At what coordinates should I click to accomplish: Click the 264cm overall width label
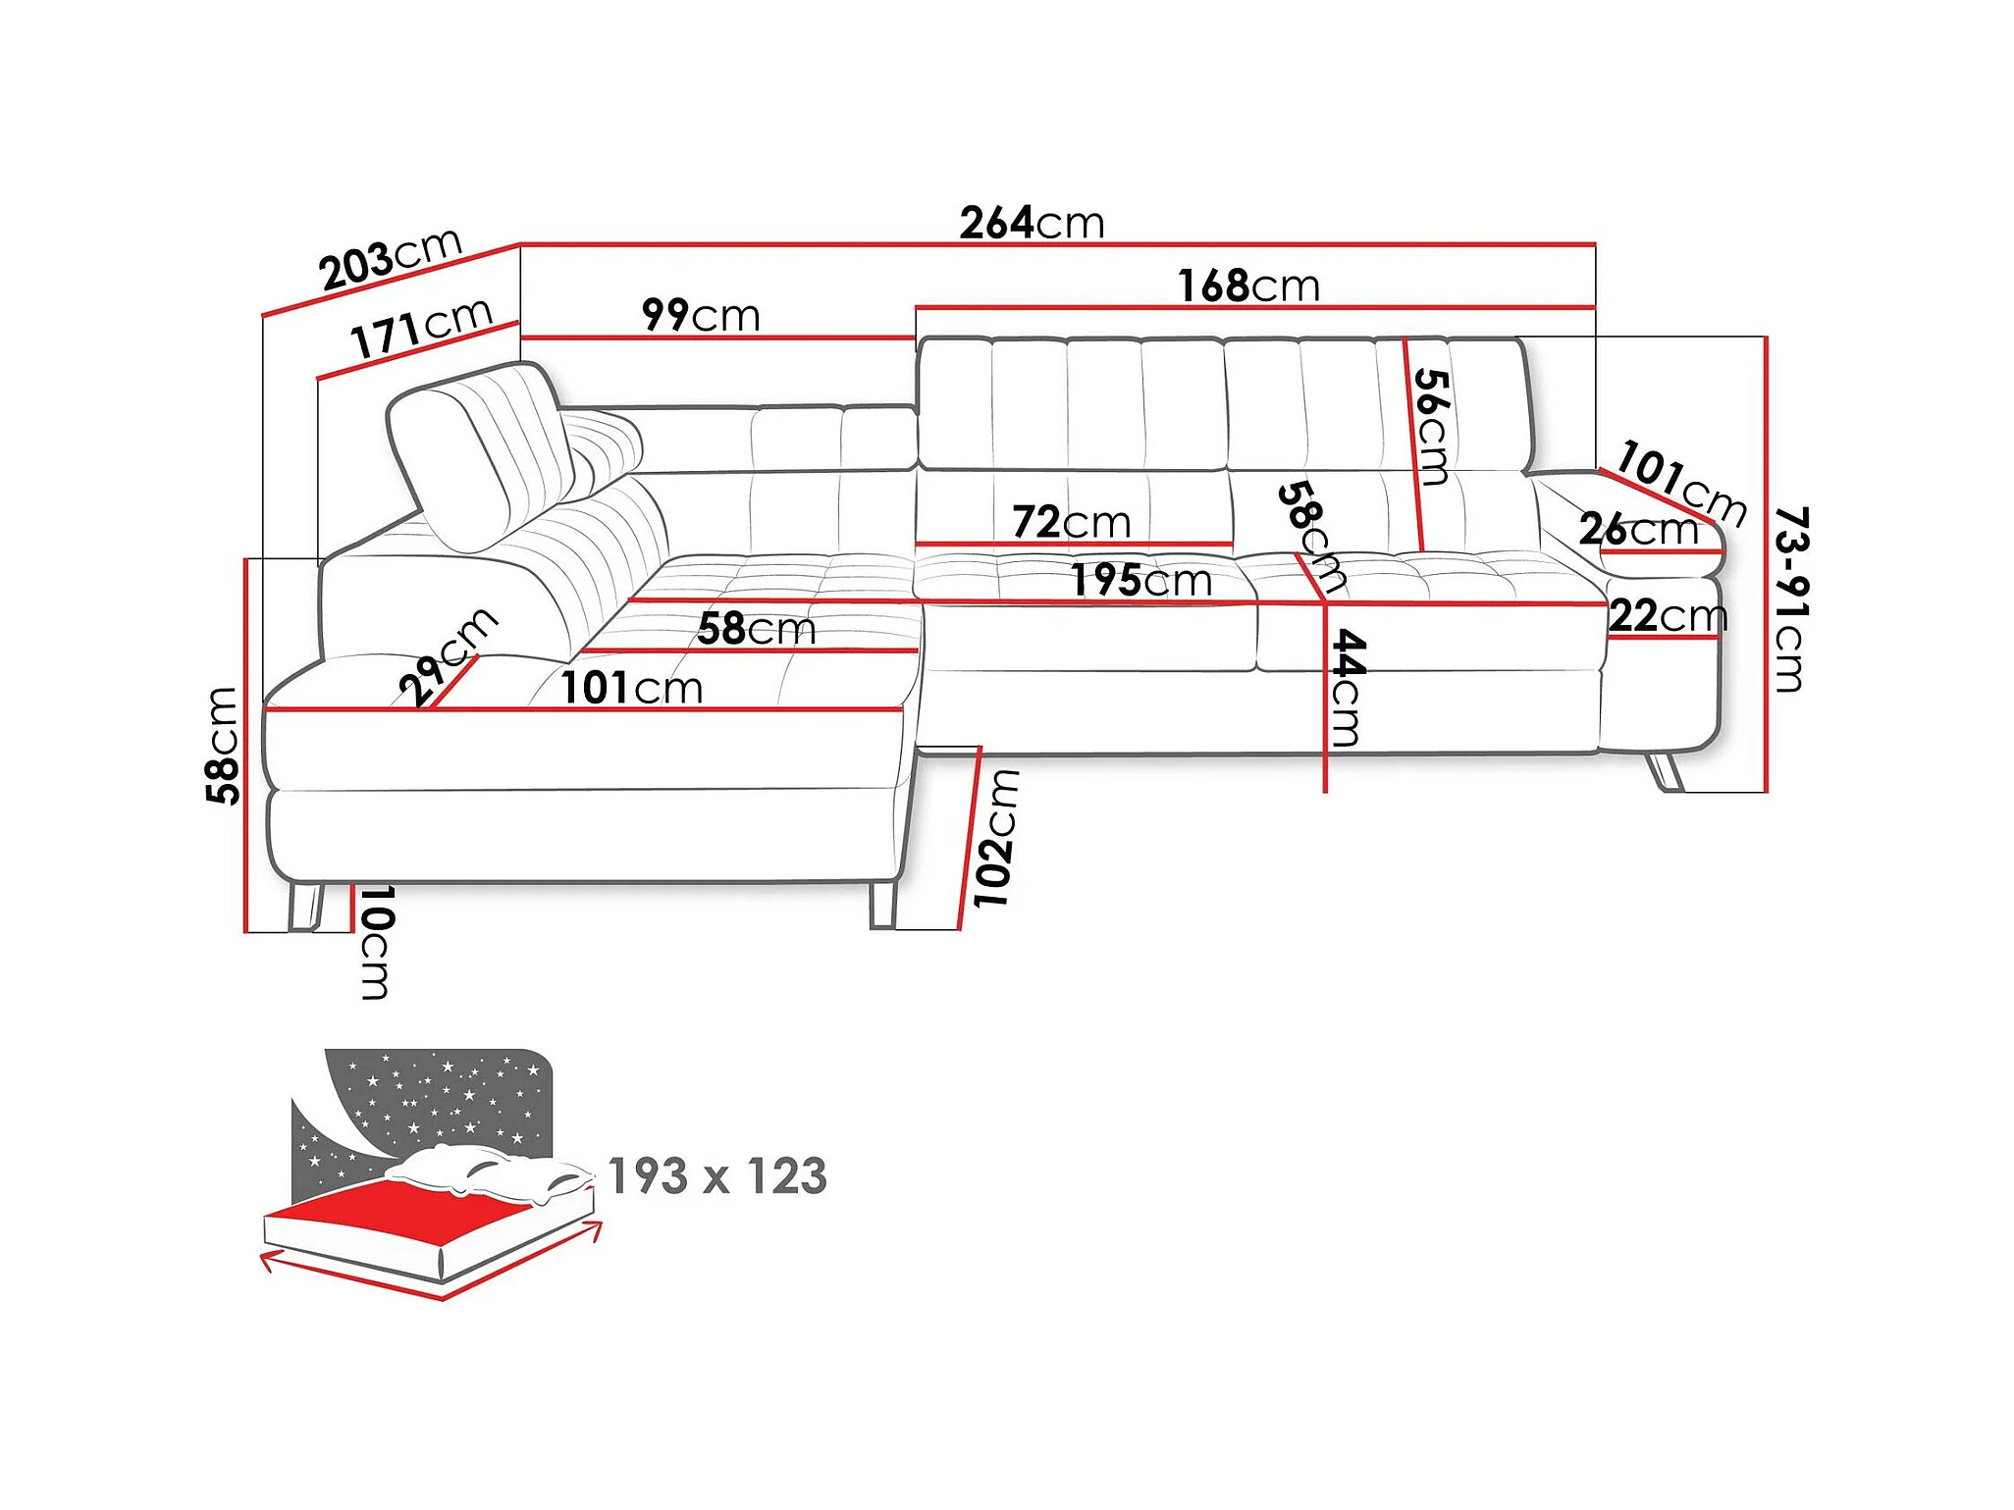pyautogui.click(x=1032, y=223)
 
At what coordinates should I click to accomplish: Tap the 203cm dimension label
pyautogui.click(x=391, y=258)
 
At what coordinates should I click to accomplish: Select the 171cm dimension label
pyautogui.click(x=422, y=328)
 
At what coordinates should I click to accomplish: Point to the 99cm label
pyautogui.click(x=701, y=315)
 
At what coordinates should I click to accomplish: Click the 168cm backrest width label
pyautogui.click(x=1248, y=286)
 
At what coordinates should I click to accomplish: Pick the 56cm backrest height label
pyautogui.click(x=1432, y=427)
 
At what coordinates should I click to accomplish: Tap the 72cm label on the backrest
pyautogui.click(x=1072, y=522)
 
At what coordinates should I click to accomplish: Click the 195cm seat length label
pyautogui.click(x=1141, y=580)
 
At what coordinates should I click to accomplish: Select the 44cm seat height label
pyautogui.click(x=1347, y=689)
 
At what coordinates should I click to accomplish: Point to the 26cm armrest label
pyautogui.click(x=1638, y=530)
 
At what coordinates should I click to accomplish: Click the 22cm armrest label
pyautogui.click(x=1668, y=616)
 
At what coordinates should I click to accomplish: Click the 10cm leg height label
pyautogui.click(x=375, y=943)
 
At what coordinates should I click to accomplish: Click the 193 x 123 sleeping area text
pyautogui.click(x=717, y=1175)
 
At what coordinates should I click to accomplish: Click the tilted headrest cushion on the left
pyautogui.click(x=481, y=454)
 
